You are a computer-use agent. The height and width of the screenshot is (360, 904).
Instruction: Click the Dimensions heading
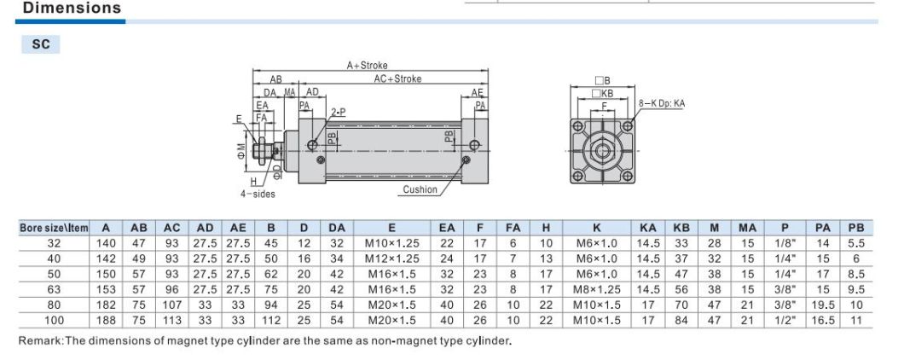pyautogui.click(x=72, y=9)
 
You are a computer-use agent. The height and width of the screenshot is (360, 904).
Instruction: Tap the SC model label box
pyautogui.click(x=41, y=45)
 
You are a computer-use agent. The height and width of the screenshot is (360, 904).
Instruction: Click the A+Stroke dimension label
pyautogui.click(x=367, y=65)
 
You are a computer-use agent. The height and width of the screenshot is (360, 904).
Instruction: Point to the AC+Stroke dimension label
pyautogui.click(x=397, y=78)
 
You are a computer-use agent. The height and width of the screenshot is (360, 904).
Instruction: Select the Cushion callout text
pyautogui.click(x=420, y=189)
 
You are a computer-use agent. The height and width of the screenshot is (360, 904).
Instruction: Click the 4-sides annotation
pyautogui.click(x=257, y=194)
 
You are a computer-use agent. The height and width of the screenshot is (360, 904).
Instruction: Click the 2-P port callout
pyautogui.click(x=338, y=112)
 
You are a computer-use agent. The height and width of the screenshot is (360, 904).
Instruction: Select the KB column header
pyautogui.click(x=681, y=229)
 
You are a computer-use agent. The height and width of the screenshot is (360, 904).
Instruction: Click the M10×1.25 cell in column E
pyautogui.click(x=391, y=243)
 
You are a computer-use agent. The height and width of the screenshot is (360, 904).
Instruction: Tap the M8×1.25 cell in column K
pyautogui.click(x=597, y=289)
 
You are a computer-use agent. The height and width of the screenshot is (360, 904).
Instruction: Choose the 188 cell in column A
pyautogui.click(x=106, y=320)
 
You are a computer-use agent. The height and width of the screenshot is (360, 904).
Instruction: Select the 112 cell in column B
pyautogui.click(x=270, y=320)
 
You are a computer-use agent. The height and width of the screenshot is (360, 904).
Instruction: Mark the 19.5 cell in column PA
pyautogui.click(x=822, y=305)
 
